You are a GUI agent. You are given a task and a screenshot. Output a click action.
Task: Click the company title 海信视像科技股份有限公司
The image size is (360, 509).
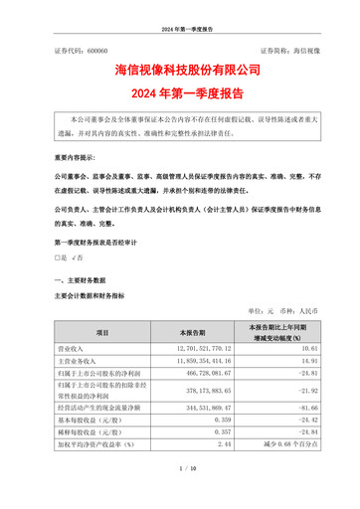[180, 72]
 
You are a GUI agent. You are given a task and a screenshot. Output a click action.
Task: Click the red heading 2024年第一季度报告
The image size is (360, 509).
[180, 94]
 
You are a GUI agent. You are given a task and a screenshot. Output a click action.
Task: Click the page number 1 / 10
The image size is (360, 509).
[180, 494]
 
